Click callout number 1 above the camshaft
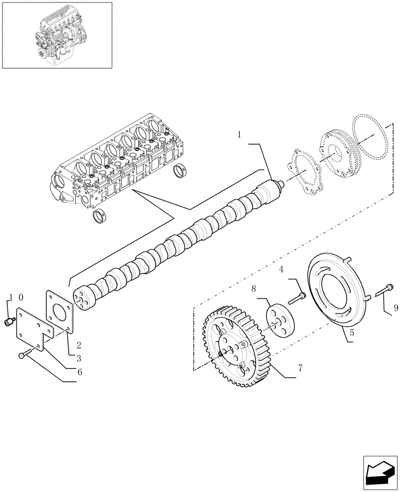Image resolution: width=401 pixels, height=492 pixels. (239, 134)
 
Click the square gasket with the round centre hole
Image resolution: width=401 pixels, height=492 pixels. (60, 309)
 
